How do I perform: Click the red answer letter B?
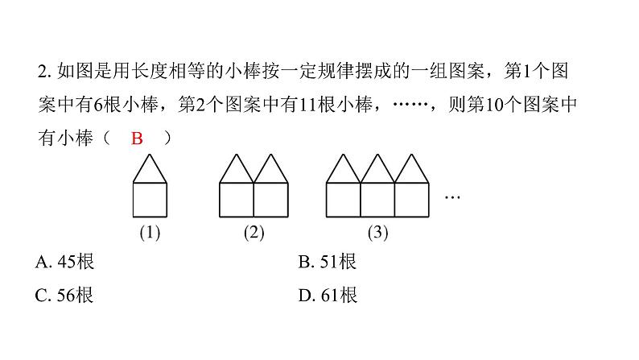point(137,139)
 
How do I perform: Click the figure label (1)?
point(150,234)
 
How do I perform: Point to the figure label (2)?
point(254,234)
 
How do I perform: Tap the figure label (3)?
point(377,234)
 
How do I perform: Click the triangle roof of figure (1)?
point(150,172)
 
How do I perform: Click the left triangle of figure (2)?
point(237,172)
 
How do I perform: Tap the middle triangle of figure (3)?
point(377,172)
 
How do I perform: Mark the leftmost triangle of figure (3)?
point(343,172)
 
